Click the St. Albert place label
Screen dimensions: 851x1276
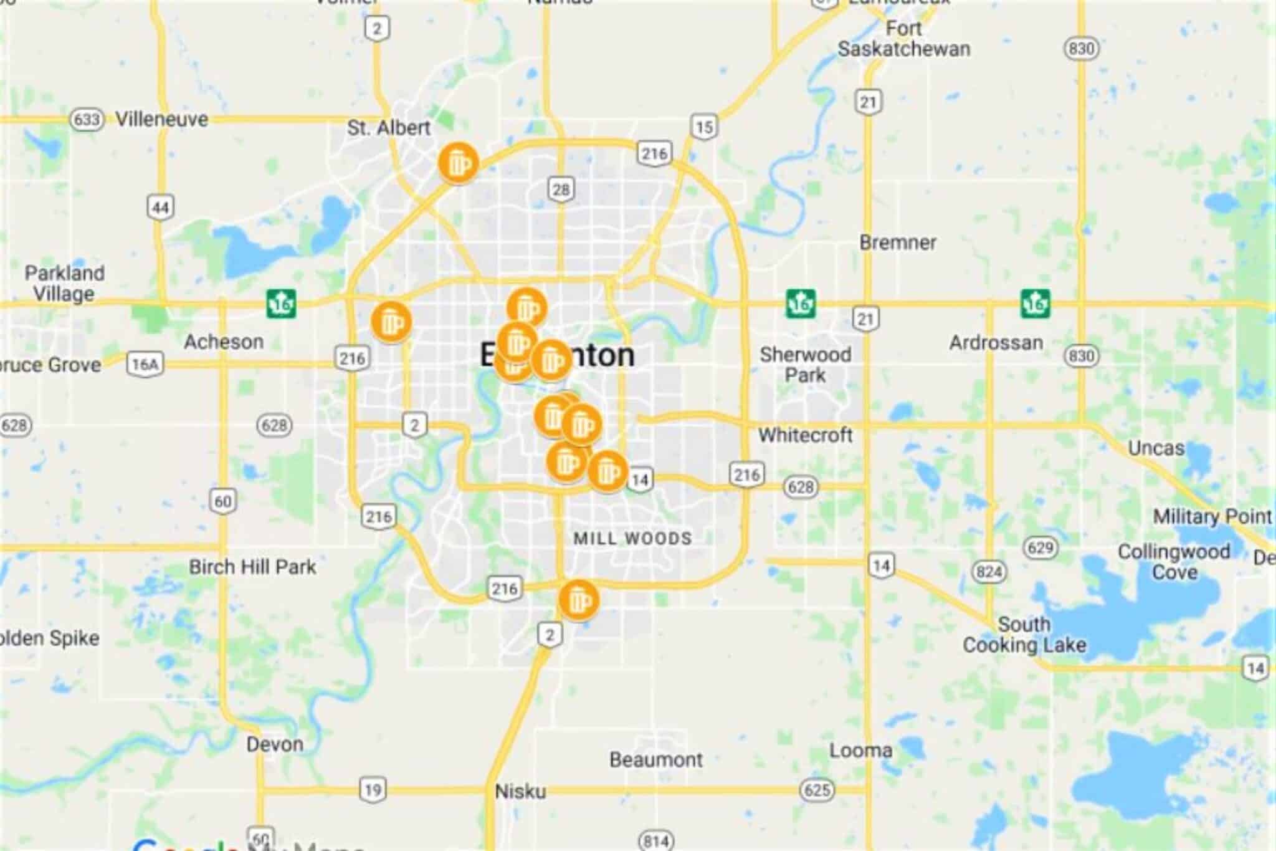[x=388, y=128]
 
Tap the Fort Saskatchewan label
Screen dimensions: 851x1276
[x=903, y=39]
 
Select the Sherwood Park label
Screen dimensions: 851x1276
[x=805, y=365]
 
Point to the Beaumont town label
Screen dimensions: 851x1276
[x=656, y=759]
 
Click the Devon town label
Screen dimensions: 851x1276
[x=275, y=744]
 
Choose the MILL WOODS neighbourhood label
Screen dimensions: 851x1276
[x=632, y=538]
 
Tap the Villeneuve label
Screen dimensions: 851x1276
[x=162, y=118]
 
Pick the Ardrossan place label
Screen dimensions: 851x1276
[x=996, y=342]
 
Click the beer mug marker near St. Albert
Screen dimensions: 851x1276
[x=458, y=163]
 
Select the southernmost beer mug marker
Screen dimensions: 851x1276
[x=579, y=600]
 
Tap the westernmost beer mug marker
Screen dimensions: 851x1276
[x=391, y=322]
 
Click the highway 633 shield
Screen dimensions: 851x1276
[x=86, y=118]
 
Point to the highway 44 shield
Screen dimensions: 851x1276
[x=160, y=207]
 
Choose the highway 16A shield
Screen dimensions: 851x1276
[x=145, y=364]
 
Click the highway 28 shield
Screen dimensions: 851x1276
[x=561, y=189]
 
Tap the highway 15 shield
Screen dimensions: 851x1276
[x=704, y=127]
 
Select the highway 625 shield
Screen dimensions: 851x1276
[x=817, y=790]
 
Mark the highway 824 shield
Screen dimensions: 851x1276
[x=989, y=572]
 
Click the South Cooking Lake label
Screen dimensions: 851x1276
[x=1024, y=634]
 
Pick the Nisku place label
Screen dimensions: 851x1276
[x=520, y=791]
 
